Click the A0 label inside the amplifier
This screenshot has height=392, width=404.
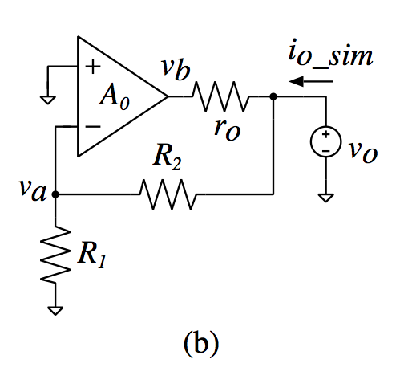tap(115, 96)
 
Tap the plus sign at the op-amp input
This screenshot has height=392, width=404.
tap(93, 67)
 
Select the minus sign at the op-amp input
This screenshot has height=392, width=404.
tap(93, 126)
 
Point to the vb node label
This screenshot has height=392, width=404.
tap(176, 68)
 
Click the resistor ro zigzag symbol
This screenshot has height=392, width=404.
tap(220, 96)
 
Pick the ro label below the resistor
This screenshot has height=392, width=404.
tap(228, 129)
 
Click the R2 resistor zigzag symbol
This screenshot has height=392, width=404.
tap(168, 194)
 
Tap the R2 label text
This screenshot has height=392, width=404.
tap(168, 157)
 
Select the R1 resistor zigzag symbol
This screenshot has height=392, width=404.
tap(55, 254)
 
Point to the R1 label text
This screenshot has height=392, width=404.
tap(91, 255)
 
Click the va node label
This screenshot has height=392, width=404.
tap(34, 190)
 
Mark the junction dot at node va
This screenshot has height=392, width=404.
tap(55, 194)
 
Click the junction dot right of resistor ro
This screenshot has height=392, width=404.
tap(273, 96)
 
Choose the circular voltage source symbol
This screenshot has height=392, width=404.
tap(325, 141)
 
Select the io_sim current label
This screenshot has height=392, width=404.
tap(331, 54)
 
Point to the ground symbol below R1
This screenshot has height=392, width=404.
tap(55, 311)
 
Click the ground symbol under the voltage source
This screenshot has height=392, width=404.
tap(325, 198)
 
